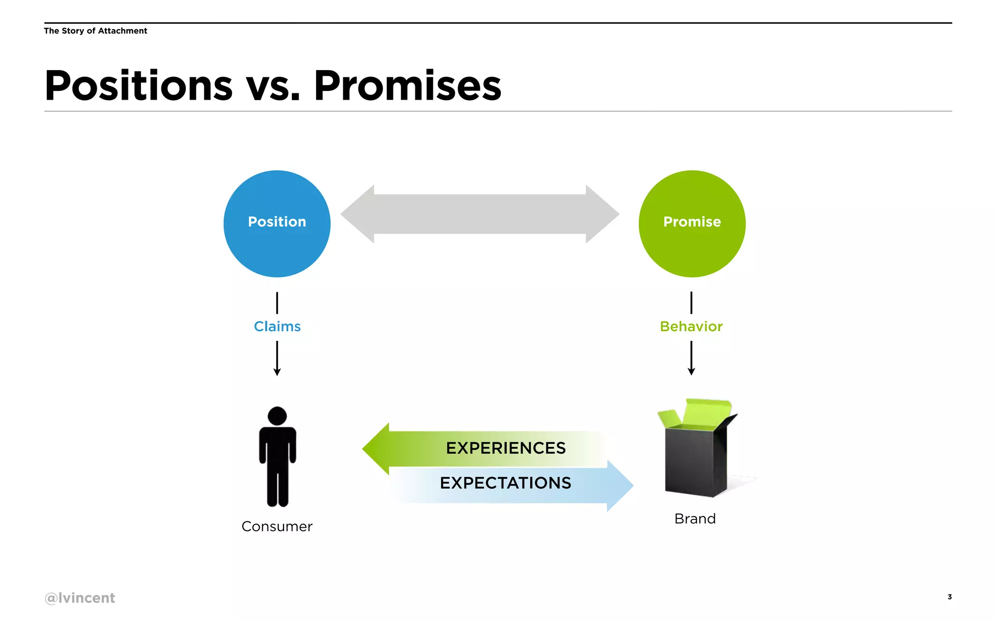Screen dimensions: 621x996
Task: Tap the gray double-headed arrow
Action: pos(480,214)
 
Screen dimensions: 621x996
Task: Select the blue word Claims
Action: pos(277,326)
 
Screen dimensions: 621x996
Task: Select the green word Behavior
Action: pos(691,326)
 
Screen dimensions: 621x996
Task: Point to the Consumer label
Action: pos(277,526)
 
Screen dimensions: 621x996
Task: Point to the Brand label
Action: pos(695,518)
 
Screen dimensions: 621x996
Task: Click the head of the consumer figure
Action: pos(277,416)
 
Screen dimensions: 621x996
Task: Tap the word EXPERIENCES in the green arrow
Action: pos(506,448)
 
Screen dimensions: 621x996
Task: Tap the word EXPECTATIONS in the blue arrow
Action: pos(506,483)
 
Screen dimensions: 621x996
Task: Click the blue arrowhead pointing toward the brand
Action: pos(620,485)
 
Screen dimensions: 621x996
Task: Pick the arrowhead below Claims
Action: pos(277,372)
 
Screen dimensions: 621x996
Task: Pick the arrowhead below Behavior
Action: pos(691,372)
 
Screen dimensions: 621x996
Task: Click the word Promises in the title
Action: pos(408,86)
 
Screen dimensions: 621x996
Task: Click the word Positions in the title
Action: pos(139,86)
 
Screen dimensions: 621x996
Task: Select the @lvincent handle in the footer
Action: pos(80,598)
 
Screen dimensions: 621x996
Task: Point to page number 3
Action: pos(949,597)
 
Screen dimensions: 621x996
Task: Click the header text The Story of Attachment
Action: pos(95,31)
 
